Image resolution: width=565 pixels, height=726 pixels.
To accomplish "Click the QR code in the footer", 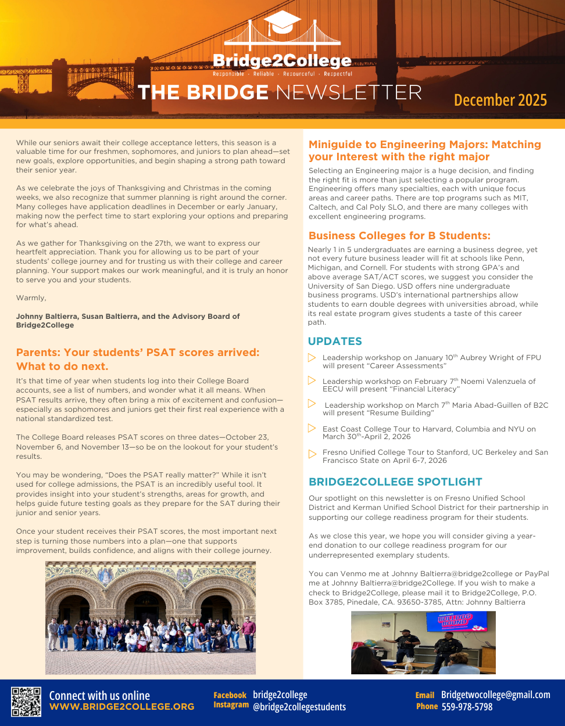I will (x=26, y=702).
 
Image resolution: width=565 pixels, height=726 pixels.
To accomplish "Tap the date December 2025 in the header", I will (x=500, y=100).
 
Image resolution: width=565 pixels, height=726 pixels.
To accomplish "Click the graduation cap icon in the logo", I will (x=282, y=21).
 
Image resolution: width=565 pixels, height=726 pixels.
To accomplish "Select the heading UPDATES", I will (x=335, y=342).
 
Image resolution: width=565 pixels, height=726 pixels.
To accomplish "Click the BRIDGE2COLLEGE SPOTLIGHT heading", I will (x=395, y=482).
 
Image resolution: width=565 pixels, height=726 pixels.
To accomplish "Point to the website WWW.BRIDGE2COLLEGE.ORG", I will (x=121, y=707).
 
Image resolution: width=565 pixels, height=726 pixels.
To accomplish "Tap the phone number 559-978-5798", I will (x=467, y=707).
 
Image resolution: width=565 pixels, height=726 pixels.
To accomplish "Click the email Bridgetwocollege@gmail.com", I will (x=495, y=695).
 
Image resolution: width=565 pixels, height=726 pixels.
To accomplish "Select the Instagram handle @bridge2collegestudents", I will (x=299, y=707).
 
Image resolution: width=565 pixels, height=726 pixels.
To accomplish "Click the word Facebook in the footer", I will (x=230, y=695).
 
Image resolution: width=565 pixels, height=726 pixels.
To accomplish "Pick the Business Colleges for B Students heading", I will (x=399, y=236).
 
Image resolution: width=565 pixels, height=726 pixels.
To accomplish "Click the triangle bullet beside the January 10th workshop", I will (x=312, y=358).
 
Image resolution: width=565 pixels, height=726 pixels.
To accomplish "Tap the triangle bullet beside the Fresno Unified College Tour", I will (x=312, y=453).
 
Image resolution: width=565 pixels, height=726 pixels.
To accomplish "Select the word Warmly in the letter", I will (x=31, y=298).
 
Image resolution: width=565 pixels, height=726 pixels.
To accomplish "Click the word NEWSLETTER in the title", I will (x=349, y=92).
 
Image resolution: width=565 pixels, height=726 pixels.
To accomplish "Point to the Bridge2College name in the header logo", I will (x=282, y=61).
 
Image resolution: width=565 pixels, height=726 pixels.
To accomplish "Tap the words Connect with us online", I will (x=99, y=695).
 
